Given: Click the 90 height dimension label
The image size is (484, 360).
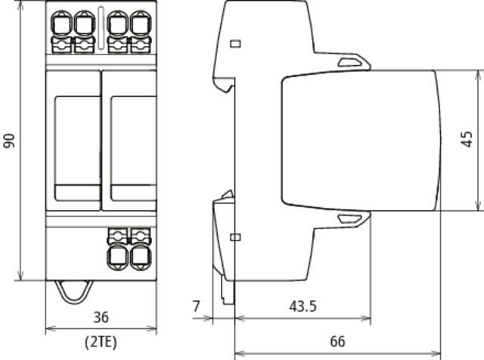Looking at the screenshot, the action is [x=9, y=141].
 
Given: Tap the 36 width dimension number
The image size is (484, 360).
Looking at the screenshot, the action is [x=101, y=318].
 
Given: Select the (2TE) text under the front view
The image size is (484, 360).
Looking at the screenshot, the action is [x=101, y=342].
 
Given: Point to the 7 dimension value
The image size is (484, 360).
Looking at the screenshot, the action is [x=197, y=306].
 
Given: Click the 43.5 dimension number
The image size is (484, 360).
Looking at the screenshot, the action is [x=302, y=306].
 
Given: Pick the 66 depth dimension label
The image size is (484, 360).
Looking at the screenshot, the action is [x=337, y=342].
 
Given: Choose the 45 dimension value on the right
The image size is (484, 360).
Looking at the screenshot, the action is [x=467, y=139].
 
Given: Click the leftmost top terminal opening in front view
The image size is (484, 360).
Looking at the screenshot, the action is [x=62, y=23].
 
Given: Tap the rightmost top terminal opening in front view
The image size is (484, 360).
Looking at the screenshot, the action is [x=141, y=23].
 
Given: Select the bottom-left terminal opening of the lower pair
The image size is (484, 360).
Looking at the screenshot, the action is [x=118, y=257].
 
